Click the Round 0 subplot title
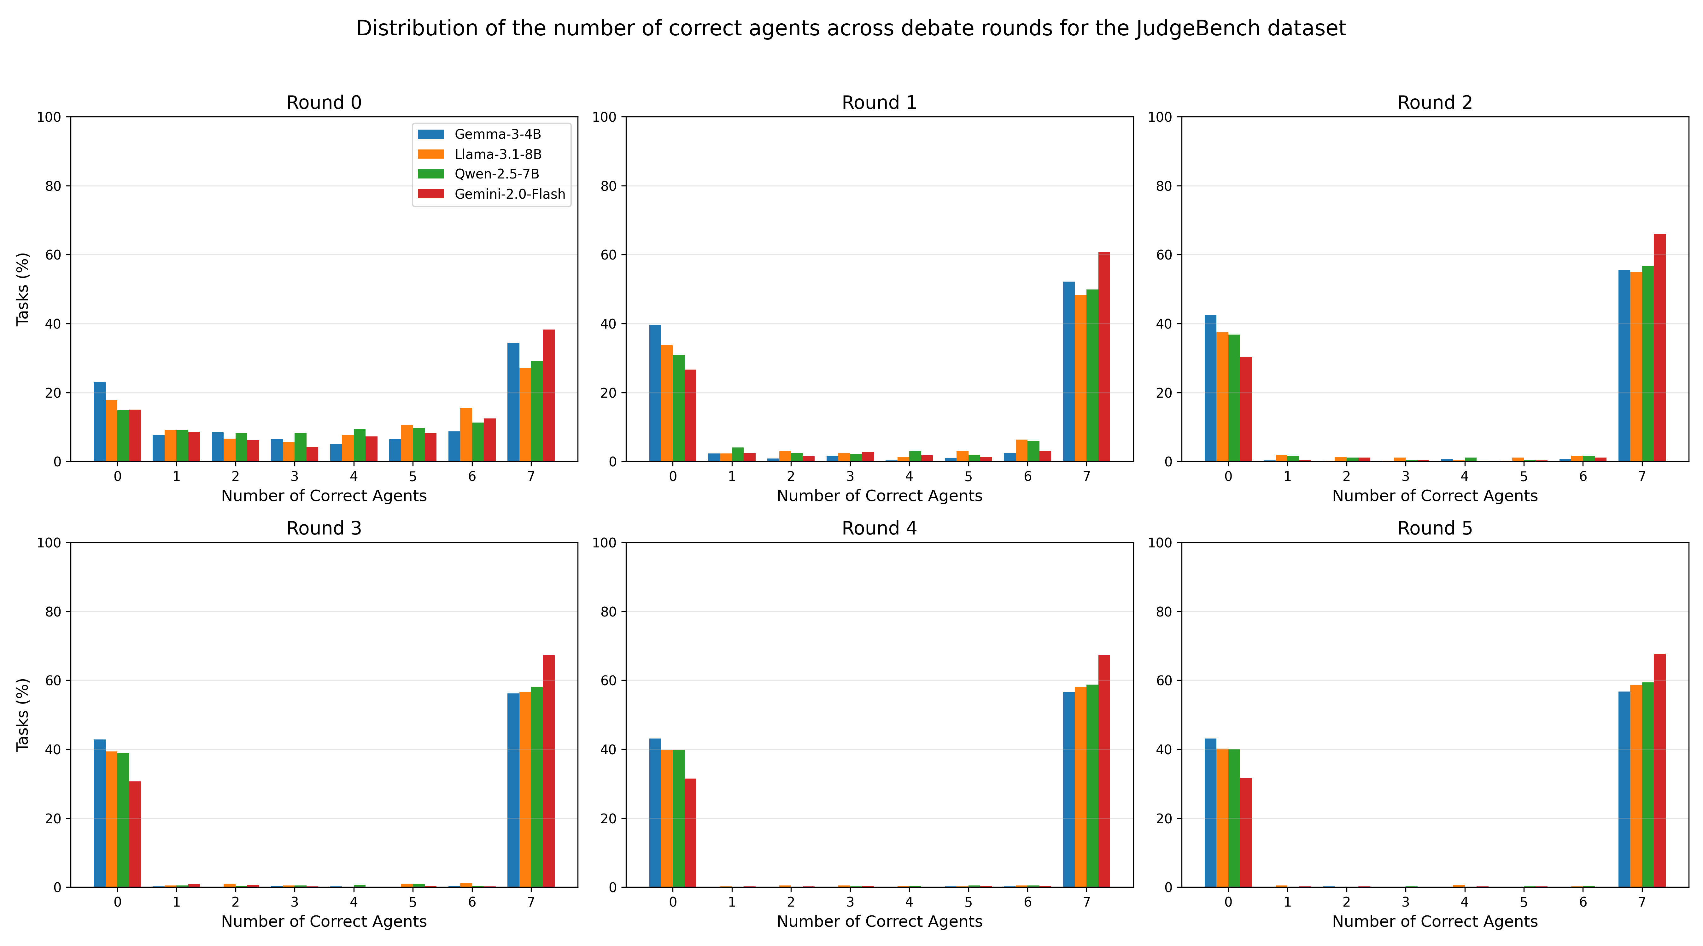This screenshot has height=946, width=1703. pos(324,103)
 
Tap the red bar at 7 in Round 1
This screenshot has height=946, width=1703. pos(1104,357)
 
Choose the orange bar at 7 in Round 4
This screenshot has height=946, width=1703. pos(1080,787)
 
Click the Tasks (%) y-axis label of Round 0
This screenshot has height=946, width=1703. pos(23,289)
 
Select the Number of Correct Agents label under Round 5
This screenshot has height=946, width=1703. pos(1435,921)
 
